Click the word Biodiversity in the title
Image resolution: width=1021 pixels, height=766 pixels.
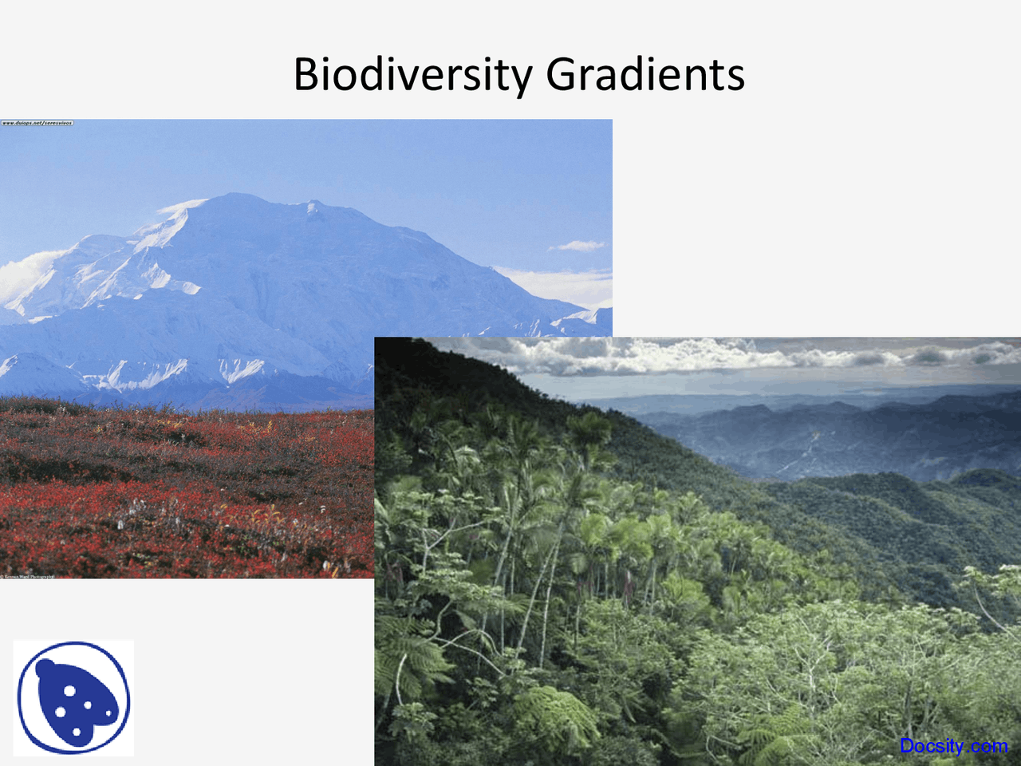tap(412, 74)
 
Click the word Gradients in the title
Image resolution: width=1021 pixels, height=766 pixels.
tap(645, 74)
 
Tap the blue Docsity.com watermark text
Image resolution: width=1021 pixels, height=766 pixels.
tap(953, 746)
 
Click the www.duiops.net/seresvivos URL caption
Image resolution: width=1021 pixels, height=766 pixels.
tap(37, 124)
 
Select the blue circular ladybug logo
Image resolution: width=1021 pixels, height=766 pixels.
tap(73, 698)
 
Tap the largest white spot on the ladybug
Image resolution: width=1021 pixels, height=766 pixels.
tap(61, 709)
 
